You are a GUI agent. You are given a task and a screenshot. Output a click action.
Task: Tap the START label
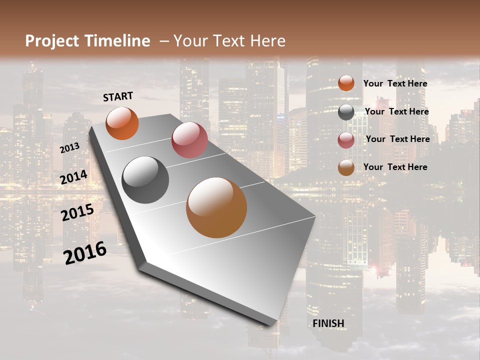[x=118, y=96]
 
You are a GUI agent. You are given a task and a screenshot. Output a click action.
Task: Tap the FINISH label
[x=328, y=323]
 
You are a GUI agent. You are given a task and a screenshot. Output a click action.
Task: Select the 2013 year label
[x=69, y=147]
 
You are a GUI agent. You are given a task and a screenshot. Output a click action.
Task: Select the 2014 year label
[x=74, y=177]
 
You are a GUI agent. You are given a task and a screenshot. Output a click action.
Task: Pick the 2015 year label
[x=77, y=212]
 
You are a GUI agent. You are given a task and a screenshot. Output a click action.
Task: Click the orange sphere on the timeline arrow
[x=122, y=123]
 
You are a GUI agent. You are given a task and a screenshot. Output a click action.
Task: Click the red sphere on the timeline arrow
[x=189, y=140]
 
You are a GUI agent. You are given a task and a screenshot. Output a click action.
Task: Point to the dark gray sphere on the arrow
[x=145, y=180]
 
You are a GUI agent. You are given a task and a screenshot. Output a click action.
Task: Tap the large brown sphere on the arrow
[x=216, y=207]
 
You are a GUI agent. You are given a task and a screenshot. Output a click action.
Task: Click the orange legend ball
[x=346, y=83]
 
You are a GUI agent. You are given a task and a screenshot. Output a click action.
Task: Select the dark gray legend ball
[x=346, y=112]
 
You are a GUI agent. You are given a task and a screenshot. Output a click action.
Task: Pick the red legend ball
[x=346, y=140]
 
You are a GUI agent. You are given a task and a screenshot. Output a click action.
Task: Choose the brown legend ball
[x=346, y=167]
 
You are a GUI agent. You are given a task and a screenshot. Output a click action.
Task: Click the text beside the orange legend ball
[x=395, y=83]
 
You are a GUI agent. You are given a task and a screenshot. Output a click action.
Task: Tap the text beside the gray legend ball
[x=396, y=111]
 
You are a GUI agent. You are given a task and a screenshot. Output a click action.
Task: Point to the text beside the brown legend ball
[x=395, y=167]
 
